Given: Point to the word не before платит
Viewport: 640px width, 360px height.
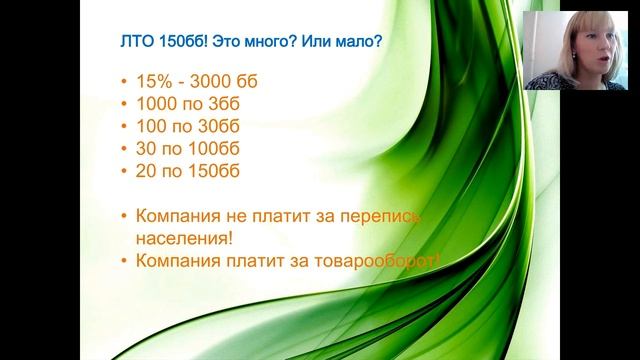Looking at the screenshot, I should click(x=239, y=215).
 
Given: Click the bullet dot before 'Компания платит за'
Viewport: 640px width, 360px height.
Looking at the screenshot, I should click(x=121, y=262).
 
